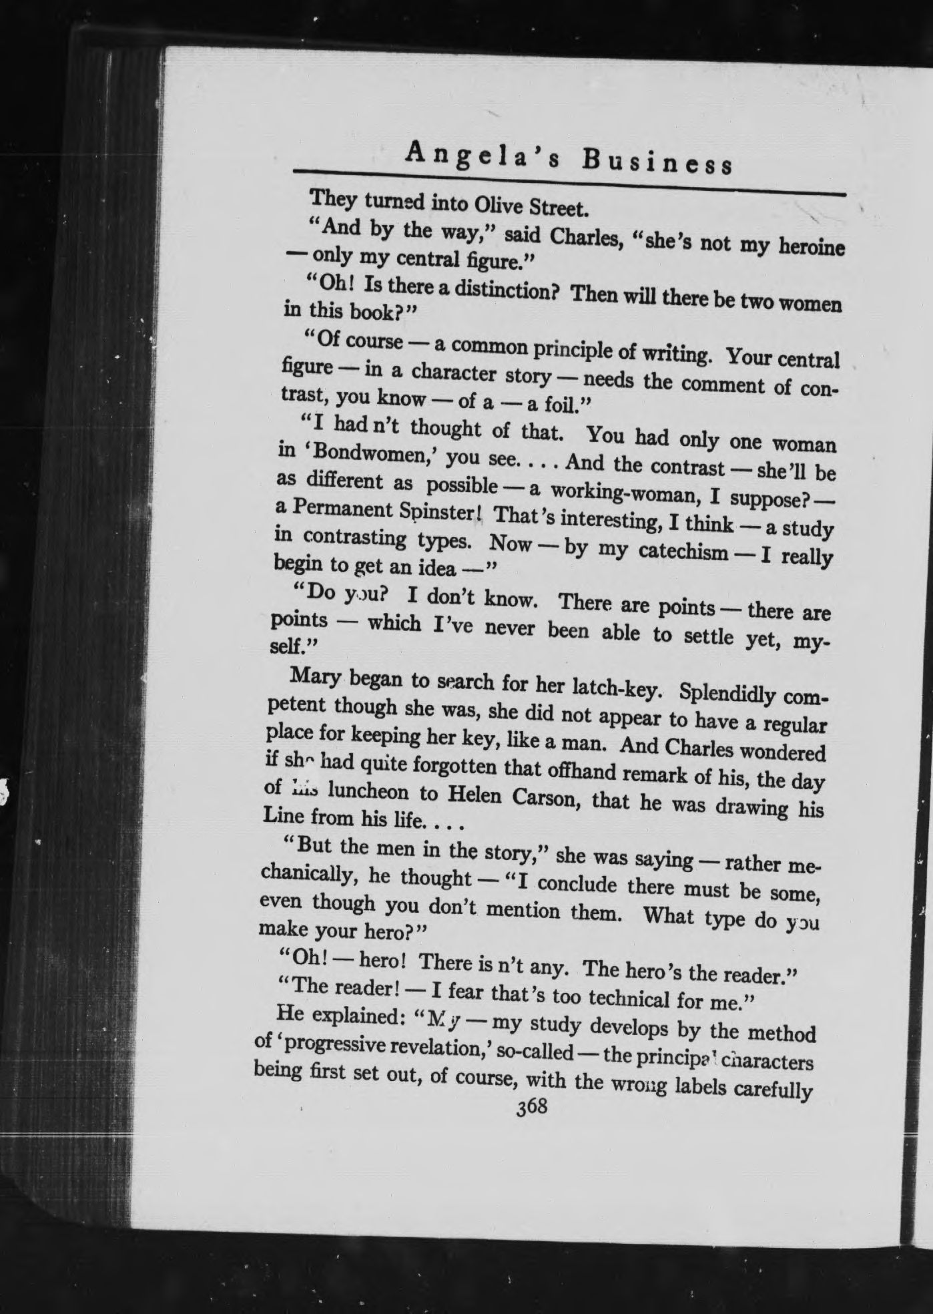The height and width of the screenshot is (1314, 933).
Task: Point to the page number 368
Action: pyautogui.click(x=531, y=1107)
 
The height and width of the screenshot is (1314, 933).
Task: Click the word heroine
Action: pyautogui.click(x=805, y=248)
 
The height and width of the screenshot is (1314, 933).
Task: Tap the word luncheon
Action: pyautogui.click(x=360, y=793)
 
